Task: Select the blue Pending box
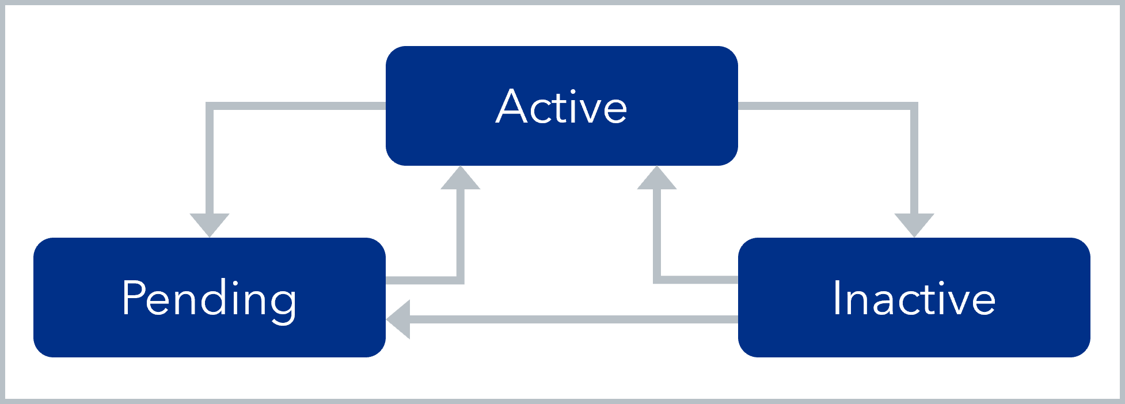click(x=209, y=334)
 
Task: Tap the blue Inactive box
click(x=914, y=334)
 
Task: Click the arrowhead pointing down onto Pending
click(x=210, y=224)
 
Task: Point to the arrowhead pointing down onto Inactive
click(x=914, y=224)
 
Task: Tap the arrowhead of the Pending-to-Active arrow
click(x=460, y=179)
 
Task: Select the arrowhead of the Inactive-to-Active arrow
click(x=657, y=179)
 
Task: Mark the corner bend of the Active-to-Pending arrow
click(x=210, y=106)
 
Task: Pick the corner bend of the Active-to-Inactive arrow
click(x=914, y=106)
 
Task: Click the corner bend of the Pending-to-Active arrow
click(x=460, y=280)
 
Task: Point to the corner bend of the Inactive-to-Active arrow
click(x=657, y=280)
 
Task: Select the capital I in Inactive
click(x=837, y=298)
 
